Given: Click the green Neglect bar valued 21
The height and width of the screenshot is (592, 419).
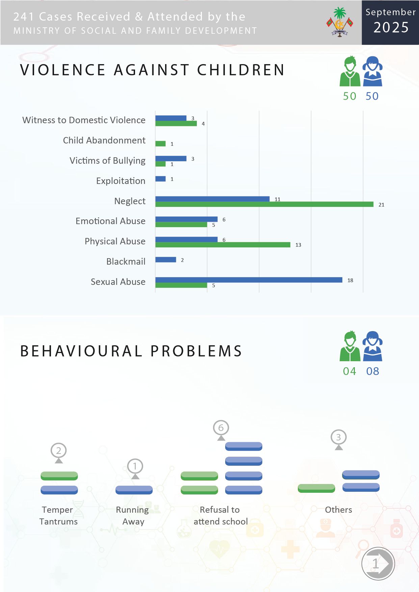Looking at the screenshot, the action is [264, 204].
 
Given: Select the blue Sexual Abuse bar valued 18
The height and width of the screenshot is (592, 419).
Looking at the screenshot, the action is [249, 280].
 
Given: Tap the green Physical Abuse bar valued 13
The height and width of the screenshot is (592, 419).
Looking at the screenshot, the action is [223, 245].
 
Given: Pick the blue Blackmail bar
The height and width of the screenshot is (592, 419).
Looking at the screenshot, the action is [166, 260].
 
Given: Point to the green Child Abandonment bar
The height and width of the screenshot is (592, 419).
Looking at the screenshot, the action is [160, 143].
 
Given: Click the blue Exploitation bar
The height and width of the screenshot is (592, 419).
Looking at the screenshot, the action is [160, 179].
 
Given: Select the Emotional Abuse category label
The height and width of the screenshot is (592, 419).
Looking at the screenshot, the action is [110, 221].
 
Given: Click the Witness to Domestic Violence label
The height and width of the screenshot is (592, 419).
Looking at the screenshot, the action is [84, 120].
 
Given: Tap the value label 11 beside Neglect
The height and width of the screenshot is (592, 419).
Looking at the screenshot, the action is [278, 199].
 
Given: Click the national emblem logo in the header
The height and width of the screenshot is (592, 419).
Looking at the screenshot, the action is [340, 22].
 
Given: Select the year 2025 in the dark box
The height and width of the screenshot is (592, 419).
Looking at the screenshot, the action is [391, 27].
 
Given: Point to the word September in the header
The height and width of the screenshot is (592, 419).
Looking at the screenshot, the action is [391, 12].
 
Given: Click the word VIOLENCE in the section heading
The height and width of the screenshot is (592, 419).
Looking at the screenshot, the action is [63, 70].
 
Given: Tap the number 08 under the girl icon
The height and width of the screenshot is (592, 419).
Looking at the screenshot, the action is [373, 371].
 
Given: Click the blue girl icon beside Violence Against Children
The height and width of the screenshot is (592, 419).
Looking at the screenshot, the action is [372, 71].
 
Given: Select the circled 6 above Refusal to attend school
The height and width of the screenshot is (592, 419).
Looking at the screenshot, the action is [221, 428].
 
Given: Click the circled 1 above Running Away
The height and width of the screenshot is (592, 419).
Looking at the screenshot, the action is [135, 466].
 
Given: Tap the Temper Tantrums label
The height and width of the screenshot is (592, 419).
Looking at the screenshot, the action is [58, 515].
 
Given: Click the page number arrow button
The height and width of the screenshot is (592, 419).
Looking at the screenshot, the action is [378, 563].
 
